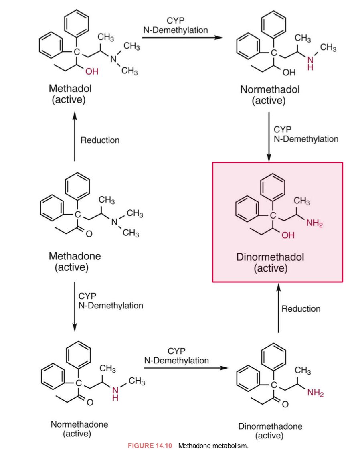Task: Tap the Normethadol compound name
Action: point(269,89)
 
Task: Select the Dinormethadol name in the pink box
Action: point(270,257)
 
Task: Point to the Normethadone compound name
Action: point(79,424)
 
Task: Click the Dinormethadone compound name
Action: point(270,426)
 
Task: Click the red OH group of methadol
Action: point(92,72)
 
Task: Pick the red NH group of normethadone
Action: point(115,393)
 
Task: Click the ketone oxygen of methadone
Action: point(89,234)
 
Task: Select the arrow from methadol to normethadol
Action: point(182,38)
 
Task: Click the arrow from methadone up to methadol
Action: point(75,136)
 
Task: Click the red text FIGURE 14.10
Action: point(151,446)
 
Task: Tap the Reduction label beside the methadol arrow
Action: point(100,140)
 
